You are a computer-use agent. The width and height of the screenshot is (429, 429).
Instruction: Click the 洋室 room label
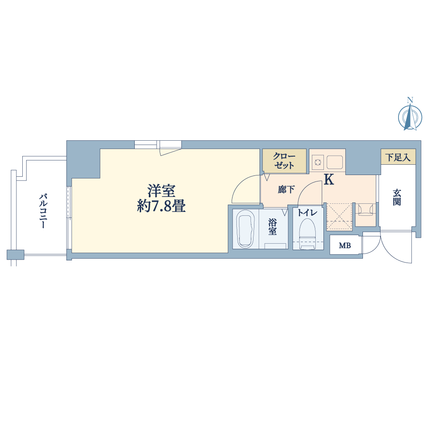tap(161, 191)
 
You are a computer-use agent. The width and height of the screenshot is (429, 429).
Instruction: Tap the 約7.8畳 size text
tap(161, 206)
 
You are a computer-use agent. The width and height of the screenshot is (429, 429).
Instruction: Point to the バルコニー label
tap(43, 211)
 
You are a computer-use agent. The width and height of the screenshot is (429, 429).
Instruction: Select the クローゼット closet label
tap(284, 161)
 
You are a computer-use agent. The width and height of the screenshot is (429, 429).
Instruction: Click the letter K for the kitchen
tap(329, 179)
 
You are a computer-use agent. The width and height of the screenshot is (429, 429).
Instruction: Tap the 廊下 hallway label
tap(286, 189)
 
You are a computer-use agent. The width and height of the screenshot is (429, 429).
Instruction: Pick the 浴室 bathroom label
tap(272, 227)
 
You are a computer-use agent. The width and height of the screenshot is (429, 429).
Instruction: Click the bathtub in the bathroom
tap(245, 229)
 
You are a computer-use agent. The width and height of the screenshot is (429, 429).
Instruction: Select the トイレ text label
tap(308, 213)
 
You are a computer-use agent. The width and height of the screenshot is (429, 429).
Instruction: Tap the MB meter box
tap(345, 245)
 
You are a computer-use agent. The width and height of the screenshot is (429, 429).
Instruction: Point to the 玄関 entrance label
tap(397, 197)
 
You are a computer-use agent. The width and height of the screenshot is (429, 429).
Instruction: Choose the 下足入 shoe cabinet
tap(398, 157)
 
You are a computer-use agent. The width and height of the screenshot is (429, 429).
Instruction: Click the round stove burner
tap(317, 162)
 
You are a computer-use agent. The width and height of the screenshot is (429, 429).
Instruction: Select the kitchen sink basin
tap(335, 162)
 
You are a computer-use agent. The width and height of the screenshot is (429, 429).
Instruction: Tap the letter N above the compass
tap(410, 100)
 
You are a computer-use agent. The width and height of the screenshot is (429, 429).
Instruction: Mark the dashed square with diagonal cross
tap(339, 216)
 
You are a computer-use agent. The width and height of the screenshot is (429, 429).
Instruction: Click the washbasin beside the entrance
tap(366, 210)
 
